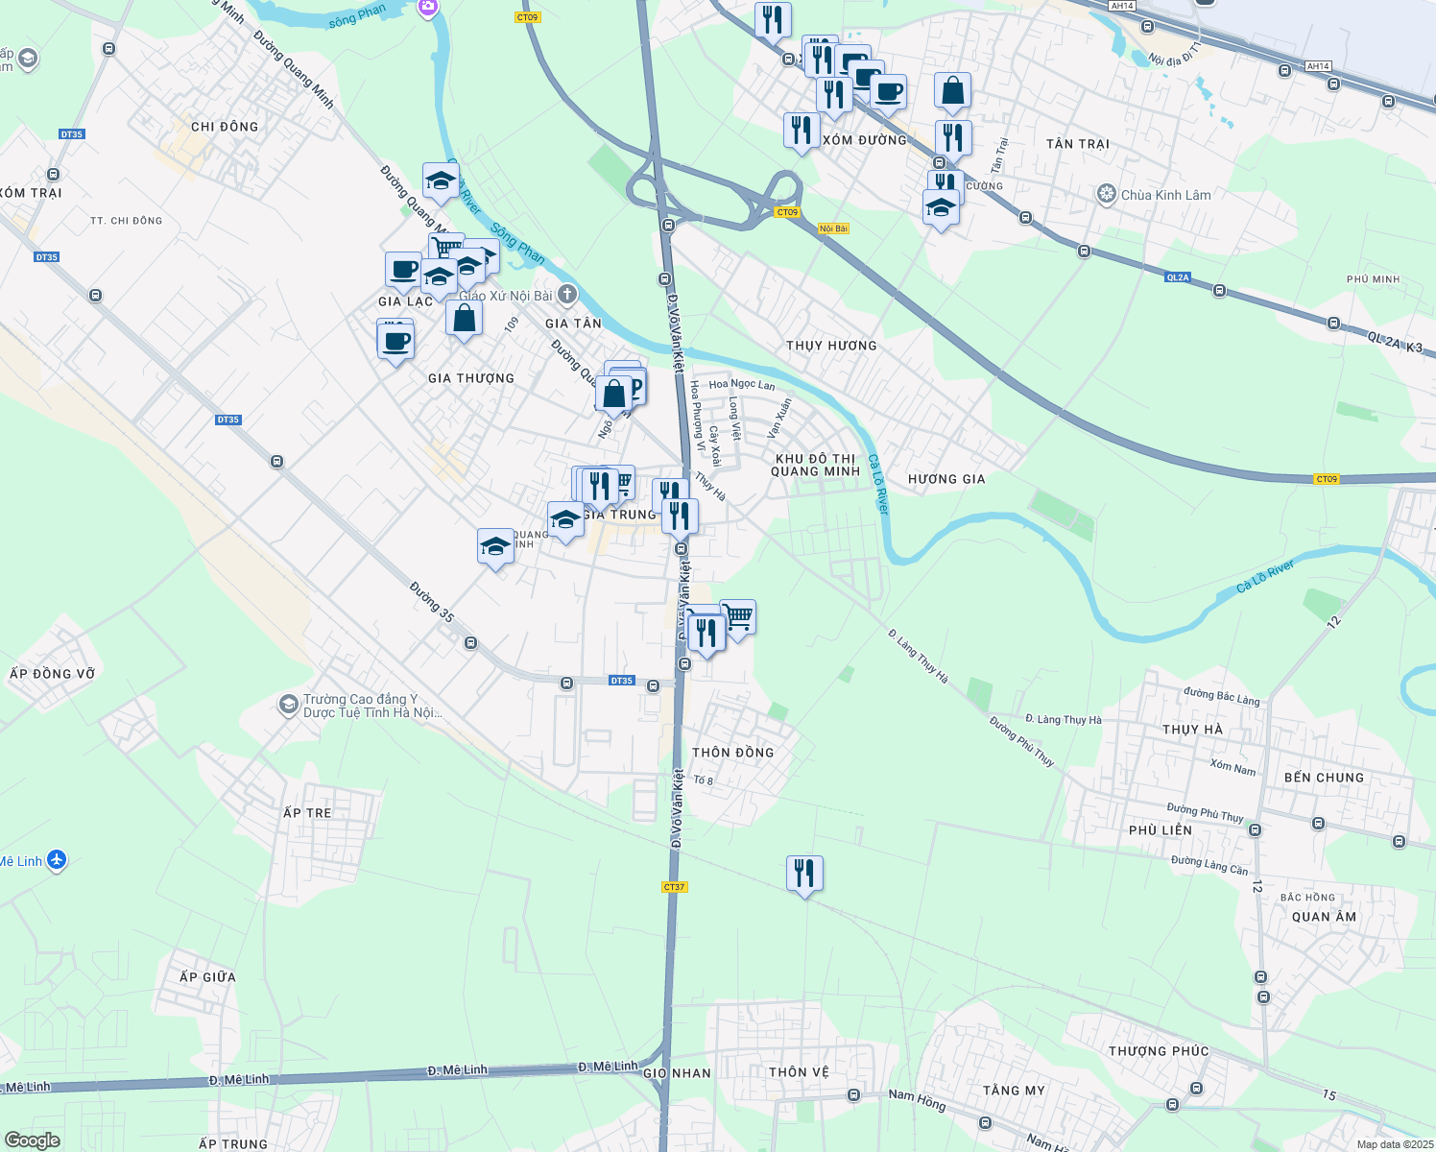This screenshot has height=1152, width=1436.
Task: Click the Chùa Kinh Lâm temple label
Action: (x=1165, y=195)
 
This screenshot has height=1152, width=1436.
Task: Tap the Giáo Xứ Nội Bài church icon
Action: (x=567, y=294)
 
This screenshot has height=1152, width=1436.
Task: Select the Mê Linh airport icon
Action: (x=57, y=859)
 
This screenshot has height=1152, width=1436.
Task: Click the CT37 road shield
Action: (x=675, y=887)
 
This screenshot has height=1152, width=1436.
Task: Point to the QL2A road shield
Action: (x=1178, y=277)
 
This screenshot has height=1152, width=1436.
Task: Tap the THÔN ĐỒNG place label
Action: (x=733, y=753)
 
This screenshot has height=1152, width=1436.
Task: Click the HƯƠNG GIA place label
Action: (x=946, y=479)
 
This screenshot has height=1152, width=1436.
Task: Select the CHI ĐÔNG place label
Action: (x=225, y=127)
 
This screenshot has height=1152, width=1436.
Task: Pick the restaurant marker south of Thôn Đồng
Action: (x=804, y=874)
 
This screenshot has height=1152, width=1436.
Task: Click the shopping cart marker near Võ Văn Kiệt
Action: (x=737, y=617)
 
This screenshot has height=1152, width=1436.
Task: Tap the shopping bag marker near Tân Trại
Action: (x=952, y=91)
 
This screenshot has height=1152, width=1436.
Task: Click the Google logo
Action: (x=32, y=1140)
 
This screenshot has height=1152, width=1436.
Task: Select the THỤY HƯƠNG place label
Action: (x=831, y=346)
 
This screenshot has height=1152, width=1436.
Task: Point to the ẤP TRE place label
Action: (x=307, y=813)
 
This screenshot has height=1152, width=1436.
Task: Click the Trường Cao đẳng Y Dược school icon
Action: (x=288, y=706)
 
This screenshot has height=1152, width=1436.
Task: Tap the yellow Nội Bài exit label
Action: (x=833, y=228)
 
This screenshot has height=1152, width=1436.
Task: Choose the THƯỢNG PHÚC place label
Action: (x=1159, y=1051)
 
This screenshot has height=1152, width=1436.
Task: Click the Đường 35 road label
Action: (x=431, y=602)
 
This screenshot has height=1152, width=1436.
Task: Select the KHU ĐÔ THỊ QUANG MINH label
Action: (x=815, y=465)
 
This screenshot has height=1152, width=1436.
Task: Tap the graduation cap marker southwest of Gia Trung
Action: (x=495, y=547)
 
